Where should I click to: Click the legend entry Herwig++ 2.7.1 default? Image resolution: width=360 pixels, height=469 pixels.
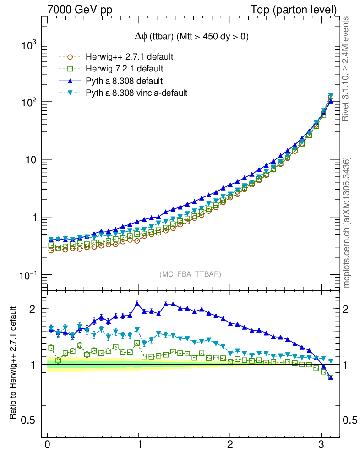129,57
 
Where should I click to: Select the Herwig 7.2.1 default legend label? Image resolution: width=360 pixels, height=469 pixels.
125,69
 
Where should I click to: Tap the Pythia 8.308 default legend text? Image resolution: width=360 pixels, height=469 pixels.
124,81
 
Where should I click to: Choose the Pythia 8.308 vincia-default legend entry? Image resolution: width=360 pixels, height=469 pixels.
136,93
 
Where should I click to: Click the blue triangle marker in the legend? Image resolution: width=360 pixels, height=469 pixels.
70,81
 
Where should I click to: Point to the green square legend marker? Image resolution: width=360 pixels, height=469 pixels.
70,69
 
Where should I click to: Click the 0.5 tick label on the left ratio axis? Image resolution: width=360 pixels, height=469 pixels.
28,420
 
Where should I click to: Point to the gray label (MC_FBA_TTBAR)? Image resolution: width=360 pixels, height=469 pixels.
191,274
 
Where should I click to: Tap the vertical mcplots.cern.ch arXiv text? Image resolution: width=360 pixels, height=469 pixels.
347,223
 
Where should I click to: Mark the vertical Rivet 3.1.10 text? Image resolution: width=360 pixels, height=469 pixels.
347,69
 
